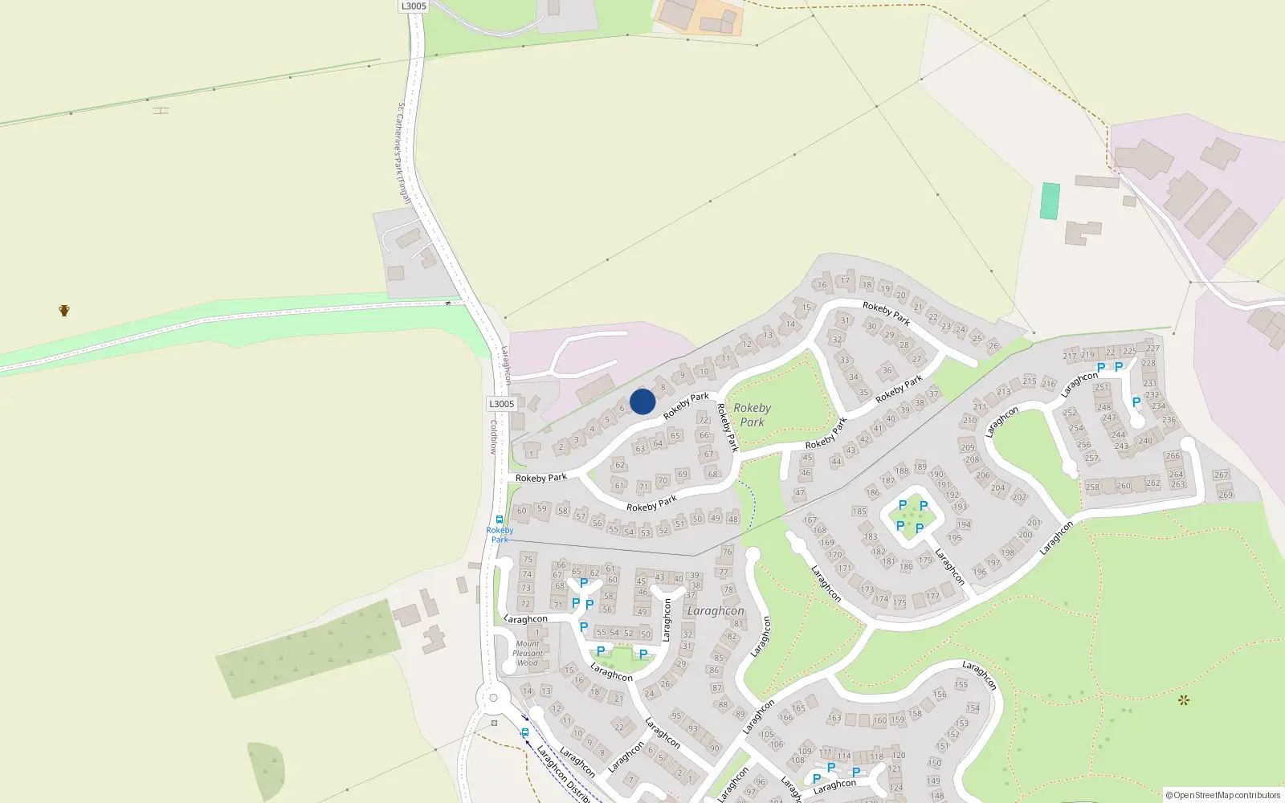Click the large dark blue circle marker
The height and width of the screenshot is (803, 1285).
tap(642, 401)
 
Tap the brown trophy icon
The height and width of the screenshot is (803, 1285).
tap(64, 310)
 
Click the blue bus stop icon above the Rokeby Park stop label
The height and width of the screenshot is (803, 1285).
tap(500, 520)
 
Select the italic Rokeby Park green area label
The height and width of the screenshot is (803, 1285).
tap(753, 414)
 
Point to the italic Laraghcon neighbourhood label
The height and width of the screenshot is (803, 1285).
tap(716, 611)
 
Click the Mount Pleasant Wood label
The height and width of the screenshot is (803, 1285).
tap(528, 654)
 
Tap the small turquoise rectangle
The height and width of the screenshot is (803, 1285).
tap(1050, 201)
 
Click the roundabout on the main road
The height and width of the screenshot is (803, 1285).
tap(493, 698)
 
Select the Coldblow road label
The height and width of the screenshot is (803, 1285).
tap(494, 437)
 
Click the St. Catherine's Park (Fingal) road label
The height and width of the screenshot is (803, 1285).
tap(403, 153)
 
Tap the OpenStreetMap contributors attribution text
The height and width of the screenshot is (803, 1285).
tap(1223, 795)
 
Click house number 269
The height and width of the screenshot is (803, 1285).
tap(1226, 495)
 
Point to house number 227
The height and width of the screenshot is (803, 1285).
tap(1153, 349)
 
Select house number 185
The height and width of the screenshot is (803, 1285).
tap(859, 512)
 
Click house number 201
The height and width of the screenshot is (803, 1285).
tap(1034, 523)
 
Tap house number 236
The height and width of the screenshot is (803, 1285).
tap(1169, 420)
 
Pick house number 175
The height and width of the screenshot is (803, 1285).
tap(899, 602)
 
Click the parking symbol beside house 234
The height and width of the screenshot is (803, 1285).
tap(1136, 402)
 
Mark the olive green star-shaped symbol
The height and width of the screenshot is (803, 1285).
tap(1183, 700)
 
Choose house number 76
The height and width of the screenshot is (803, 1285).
tap(727, 552)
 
